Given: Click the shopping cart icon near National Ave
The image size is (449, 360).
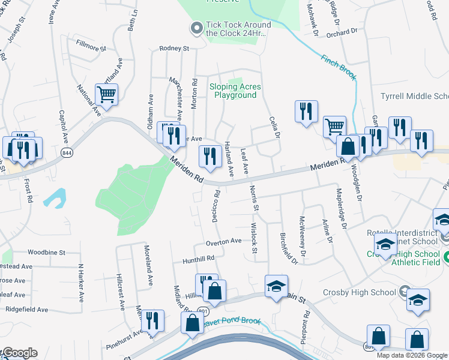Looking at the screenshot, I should pos(106,95).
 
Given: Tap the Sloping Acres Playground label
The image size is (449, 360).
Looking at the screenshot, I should pos(235,91).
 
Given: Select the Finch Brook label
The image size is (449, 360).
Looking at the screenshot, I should pos(339,68).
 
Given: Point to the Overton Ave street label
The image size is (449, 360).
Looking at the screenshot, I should pos(223,241).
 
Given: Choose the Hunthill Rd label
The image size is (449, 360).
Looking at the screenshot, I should pos(198,259).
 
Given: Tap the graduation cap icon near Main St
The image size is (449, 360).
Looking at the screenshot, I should pos(276,286).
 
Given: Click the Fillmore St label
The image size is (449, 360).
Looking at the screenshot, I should pos(91,44).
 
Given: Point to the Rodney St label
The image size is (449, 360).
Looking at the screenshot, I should pos(174,48).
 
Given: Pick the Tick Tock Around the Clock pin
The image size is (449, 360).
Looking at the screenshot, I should pos(196,28).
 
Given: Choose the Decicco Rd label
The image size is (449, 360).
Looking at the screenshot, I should pos(215,206).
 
